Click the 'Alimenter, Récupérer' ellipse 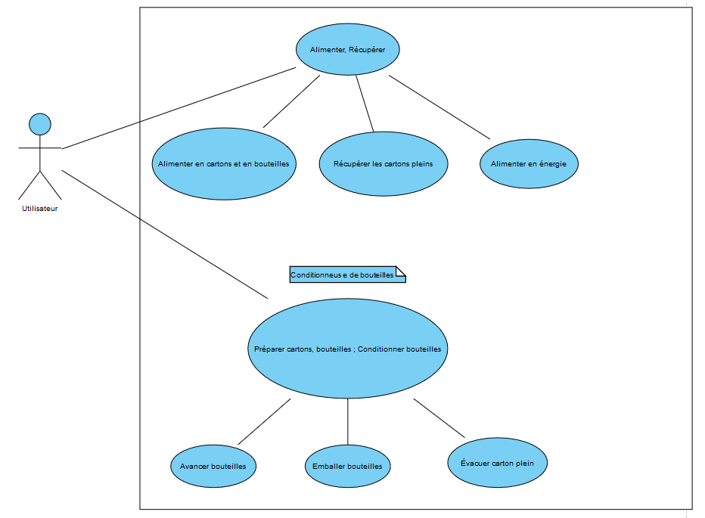pyautogui.click(x=347, y=49)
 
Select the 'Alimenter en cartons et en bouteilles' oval pyautogui.click(x=223, y=163)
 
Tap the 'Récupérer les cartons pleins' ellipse pyautogui.click(x=383, y=163)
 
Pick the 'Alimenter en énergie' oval pyautogui.click(x=529, y=163)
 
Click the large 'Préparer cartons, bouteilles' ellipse pyautogui.click(x=347, y=349)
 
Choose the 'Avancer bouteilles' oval pyautogui.click(x=213, y=466)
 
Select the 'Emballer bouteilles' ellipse pyautogui.click(x=347, y=466)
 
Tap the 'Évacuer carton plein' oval pyautogui.click(x=497, y=462)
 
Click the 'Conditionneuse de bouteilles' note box pyautogui.click(x=343, y=275)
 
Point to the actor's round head pyautogui.click(x=39, y=124)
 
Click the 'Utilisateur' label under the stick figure pyautogui.click(x=39, y=209)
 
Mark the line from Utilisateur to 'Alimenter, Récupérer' pyautogui.click(x=179, y=108)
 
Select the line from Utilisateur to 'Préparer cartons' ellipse pyautogui.click(x=165, y=234)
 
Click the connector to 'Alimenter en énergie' pyautogui.click(x=439, y=107)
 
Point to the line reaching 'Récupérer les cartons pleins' pyautogui.click(x=365, y=104)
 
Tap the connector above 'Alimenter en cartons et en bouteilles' pyautogui.click(x=291, y=101)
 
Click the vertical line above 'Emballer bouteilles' pyautogui.click(x=348, y=421)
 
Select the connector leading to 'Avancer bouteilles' pyautogui.click(x=264, y=421)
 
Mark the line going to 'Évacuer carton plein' pyautogui.click(x=439, y=418)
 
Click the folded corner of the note pyautogui.click(x=402, y=271)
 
